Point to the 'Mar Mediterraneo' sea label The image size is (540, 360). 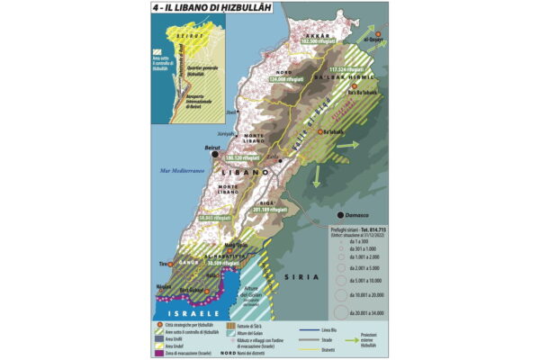click(178, 171)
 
